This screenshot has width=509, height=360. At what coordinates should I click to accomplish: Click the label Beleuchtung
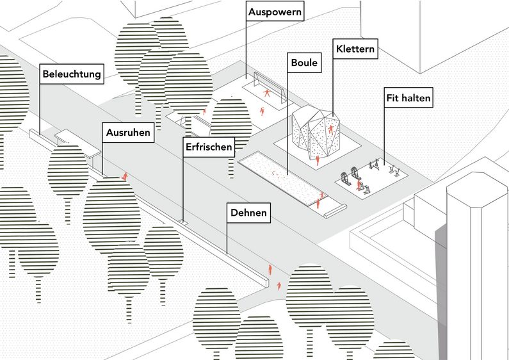point(72,74)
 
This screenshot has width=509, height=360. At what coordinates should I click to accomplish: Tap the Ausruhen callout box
point(128,134)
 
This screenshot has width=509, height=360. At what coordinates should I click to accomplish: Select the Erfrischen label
point(208,147)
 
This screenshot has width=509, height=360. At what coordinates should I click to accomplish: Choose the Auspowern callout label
point(275,12)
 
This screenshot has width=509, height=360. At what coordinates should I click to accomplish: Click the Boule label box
point(304,64)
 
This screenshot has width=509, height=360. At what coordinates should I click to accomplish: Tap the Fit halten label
point(408,99)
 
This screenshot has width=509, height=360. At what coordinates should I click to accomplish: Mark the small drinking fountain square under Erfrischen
point(184,222)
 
